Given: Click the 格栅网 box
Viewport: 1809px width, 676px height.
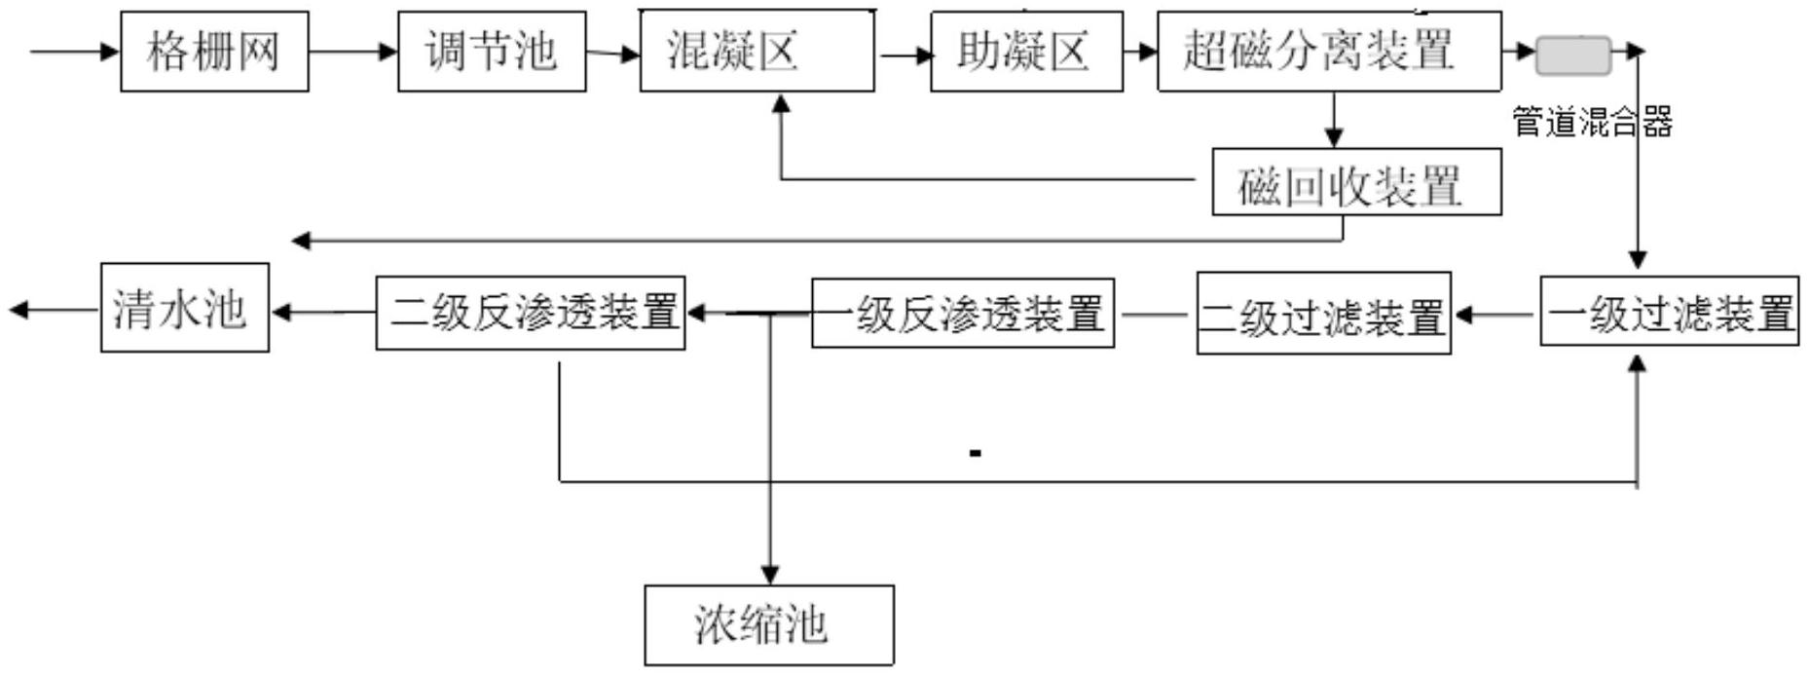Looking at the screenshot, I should coord(214,52).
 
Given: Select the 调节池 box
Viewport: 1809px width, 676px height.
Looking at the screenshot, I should coord(492,52).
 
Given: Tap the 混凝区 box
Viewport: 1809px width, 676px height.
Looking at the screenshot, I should coord(757,52).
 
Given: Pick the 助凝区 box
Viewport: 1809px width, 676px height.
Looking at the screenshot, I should coord(1026,52).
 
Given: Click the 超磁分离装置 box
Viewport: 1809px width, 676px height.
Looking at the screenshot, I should coord(1329,52).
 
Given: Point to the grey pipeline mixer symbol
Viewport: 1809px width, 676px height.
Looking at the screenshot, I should coord(1572,56).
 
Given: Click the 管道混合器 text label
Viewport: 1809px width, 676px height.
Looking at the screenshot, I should coord(1592,123).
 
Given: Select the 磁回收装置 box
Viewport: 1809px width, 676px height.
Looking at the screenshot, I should coord(1356,182).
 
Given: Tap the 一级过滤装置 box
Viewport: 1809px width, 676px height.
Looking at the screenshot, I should coord(1669,312).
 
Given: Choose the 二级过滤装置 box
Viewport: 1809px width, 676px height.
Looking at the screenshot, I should coord(1323,314).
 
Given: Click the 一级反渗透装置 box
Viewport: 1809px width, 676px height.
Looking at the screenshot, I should coord(963,314).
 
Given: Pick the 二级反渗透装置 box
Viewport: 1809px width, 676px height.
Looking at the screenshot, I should coord(531,313).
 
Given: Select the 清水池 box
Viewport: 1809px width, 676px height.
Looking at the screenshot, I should coord(185,308).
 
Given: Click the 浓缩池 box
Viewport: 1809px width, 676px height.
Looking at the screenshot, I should coord(768,624).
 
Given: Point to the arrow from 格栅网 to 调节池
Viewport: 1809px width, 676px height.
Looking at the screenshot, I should coord(352,51).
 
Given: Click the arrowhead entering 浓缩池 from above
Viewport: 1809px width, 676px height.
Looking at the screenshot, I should coord(769,574).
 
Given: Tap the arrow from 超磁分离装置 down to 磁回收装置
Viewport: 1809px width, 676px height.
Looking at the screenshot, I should coord(1333,121).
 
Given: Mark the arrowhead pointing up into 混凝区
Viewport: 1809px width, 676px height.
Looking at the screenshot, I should coord(780,103).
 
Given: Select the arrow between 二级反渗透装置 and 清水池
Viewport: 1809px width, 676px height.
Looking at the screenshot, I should coord(322,313).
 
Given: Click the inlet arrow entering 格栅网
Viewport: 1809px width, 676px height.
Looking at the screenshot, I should coord(74,51).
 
